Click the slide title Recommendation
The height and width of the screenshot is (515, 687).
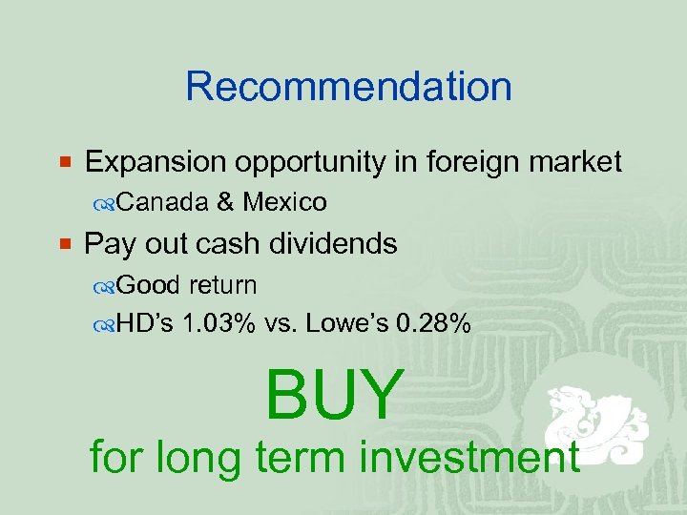[x=348, y=86]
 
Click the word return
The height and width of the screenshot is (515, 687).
[x=222, y=284]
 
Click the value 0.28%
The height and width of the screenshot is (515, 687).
[x=433, y=324]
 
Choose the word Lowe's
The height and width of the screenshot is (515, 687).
[x=346, y=324]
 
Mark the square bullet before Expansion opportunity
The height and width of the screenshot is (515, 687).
[x=65, y=163]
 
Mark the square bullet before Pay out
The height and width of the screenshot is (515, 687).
[x=65, y=244]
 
